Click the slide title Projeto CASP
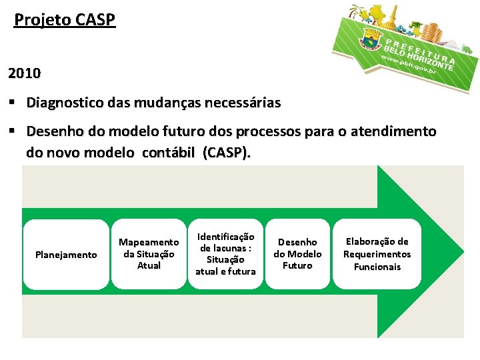click(65, 20)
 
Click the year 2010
click(25, 71)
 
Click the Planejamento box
click(65, 255)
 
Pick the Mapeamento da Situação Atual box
click(149, 253)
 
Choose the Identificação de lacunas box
click(225, 254)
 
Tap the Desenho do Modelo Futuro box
click(297, 254)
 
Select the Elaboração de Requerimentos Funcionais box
click(377, 254)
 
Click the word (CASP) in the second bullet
click(227, 153)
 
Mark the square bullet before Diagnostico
click(13, 103)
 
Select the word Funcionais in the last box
click(377, 267)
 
